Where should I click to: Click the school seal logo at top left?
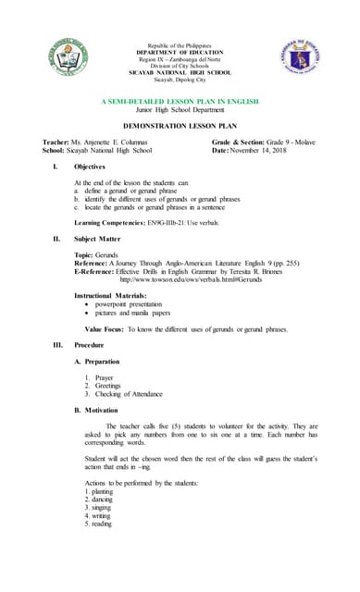click(71, 59)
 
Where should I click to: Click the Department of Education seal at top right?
click(298, 58)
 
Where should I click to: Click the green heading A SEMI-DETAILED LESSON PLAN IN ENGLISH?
click(180, 101)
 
